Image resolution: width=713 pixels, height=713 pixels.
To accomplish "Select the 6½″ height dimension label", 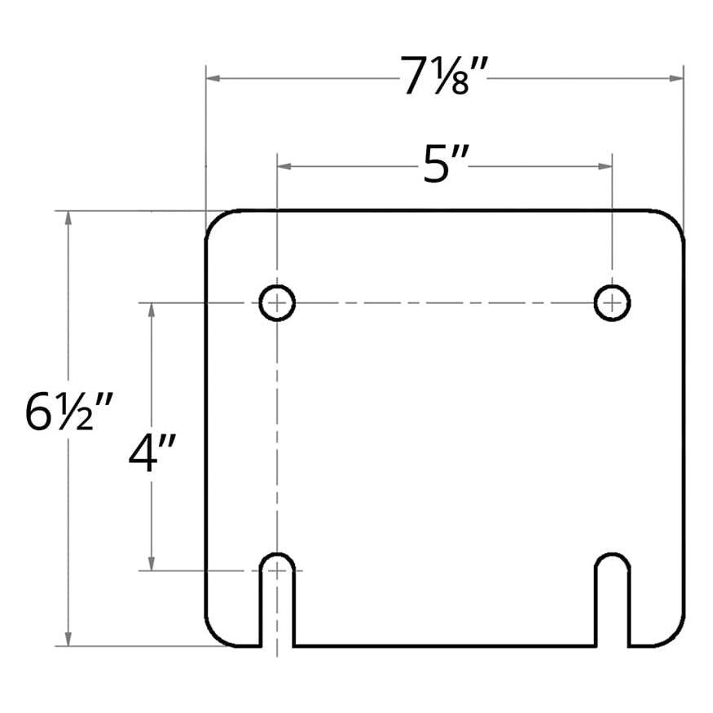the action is point(68,412).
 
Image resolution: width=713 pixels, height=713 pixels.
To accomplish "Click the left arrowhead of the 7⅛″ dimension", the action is point(213,78).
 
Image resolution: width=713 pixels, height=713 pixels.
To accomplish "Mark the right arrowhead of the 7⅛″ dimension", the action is point(676,78).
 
